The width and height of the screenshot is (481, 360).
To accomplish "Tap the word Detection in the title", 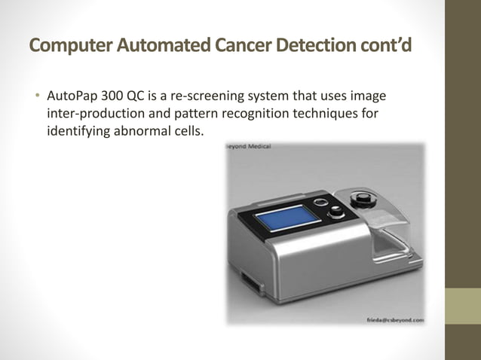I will pyautogui.click(x=310, y=46).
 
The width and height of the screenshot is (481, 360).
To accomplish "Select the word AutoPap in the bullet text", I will pyautogui.click(x=69, y=98).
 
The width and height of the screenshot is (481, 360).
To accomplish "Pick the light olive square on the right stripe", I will pyautogui.click(x=463, y=307).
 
